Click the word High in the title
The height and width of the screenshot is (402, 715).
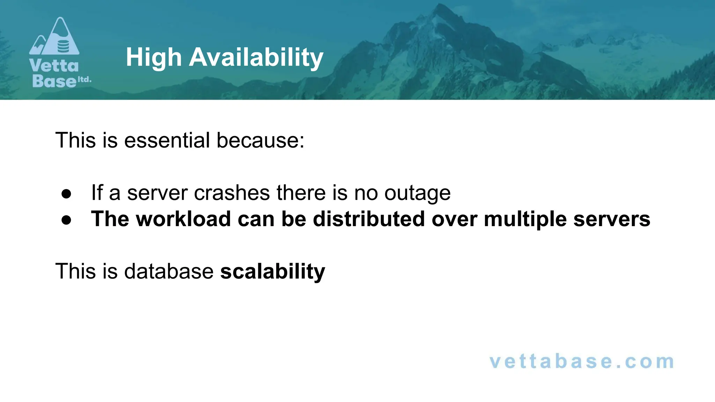pos(154,58)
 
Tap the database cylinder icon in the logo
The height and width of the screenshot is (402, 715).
pos(63,46)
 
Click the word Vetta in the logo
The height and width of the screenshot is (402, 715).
pos(54,66)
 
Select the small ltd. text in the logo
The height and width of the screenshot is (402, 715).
pos(84,80)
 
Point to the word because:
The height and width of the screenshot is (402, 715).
pos(260,140)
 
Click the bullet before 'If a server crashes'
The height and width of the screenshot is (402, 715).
pos(66,194)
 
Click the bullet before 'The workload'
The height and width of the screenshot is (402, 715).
pos(66,220)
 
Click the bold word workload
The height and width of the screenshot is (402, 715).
pos(183,219)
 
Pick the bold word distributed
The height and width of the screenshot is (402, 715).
pos(369,219)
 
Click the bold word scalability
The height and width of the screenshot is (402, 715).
pos(272,271)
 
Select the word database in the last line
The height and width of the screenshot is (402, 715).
pos(169,271)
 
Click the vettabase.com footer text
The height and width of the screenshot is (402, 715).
pos(582,362)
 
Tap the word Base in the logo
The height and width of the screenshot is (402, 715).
pos(54,81)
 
